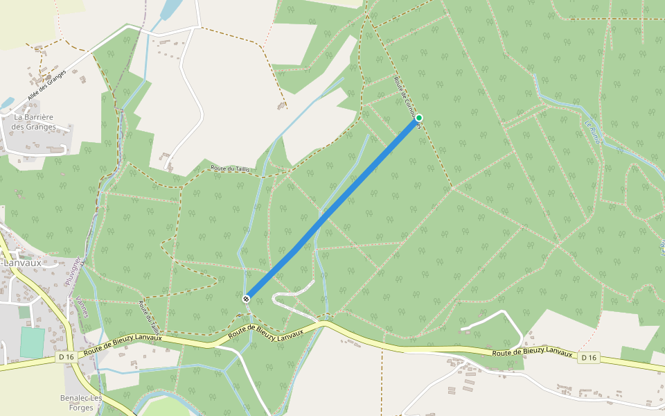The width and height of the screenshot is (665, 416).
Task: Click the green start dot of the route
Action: point(419,118)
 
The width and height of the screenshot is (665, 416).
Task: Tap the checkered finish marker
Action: point(246,299)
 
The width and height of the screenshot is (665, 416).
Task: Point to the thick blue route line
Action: point(332,208)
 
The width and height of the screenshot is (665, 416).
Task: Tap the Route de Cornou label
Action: point(408,98)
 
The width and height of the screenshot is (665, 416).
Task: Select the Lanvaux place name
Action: point(22,263)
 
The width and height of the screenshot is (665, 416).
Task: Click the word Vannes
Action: point(82,306)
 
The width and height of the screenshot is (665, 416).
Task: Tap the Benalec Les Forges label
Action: point(82,403)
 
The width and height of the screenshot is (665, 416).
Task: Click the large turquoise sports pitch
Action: point(32,343)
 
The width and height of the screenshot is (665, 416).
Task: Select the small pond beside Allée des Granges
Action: point(8,103)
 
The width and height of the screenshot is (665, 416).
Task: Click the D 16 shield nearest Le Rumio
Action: point(588,357)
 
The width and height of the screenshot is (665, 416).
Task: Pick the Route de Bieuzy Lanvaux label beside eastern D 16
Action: point(533,353)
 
